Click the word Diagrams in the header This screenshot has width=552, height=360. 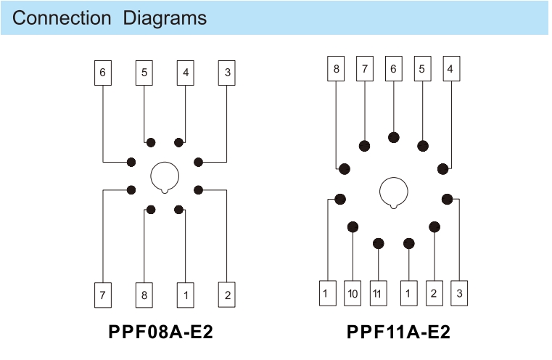pyautogui.click(x=164, y=18)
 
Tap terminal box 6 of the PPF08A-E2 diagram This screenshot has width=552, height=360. pyautogui.click(x=103, y=73)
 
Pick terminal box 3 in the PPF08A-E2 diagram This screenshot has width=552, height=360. pyautogui.click(x=228, y=73)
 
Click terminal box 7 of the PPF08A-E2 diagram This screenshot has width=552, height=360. pyautogui.click(x=103, y=295)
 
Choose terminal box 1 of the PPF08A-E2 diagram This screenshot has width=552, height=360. pyautogui.click(x=186, y=295)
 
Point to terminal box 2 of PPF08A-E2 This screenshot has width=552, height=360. pyautogui.click(x=228, y=295)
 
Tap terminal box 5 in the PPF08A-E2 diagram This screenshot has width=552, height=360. pyautogui.click(x=144, y=73)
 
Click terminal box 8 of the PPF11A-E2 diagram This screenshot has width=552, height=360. pyautogui.click(x=337, y=69)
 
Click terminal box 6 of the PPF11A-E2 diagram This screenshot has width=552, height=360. pyautogui.click(x=394, y=69)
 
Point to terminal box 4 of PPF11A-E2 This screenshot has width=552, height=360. pyautogui.click(x=450, y=69)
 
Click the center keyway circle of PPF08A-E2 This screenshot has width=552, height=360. pyautogui.click(x=165, y=176)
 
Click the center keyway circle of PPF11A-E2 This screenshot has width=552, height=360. pyautogui.click(x=395, y=192)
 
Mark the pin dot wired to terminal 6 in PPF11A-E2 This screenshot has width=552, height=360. pyautogui.click(x=394, y=137)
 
